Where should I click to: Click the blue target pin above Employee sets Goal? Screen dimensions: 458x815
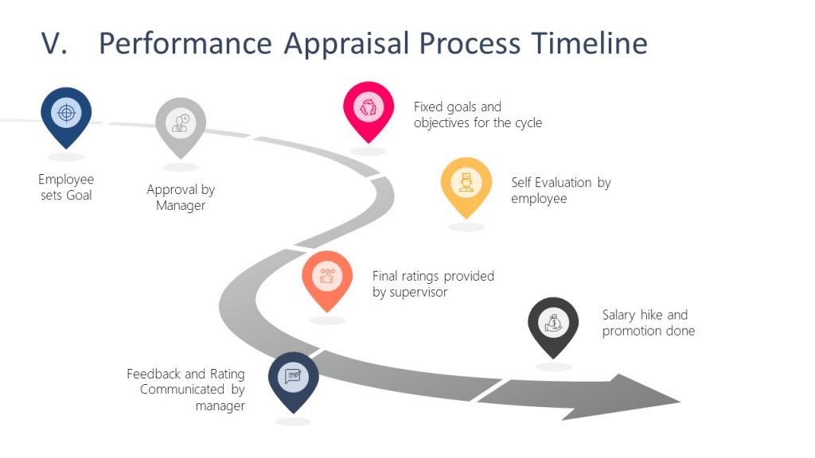click(x=66, y=114)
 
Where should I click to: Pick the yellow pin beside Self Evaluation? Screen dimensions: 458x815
click(x=466, y=184)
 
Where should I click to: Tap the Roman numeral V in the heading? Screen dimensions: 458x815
click(x=53, y=44)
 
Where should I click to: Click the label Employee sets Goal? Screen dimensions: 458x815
click(x=66, y=187)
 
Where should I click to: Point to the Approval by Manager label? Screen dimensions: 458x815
click(x=181, y=198)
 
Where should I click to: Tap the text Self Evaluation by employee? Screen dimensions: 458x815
click(x=560, y=191)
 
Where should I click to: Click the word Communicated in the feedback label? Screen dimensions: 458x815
click(x=184, y=390)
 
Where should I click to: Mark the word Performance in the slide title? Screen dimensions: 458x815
click(x=185, y=44)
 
